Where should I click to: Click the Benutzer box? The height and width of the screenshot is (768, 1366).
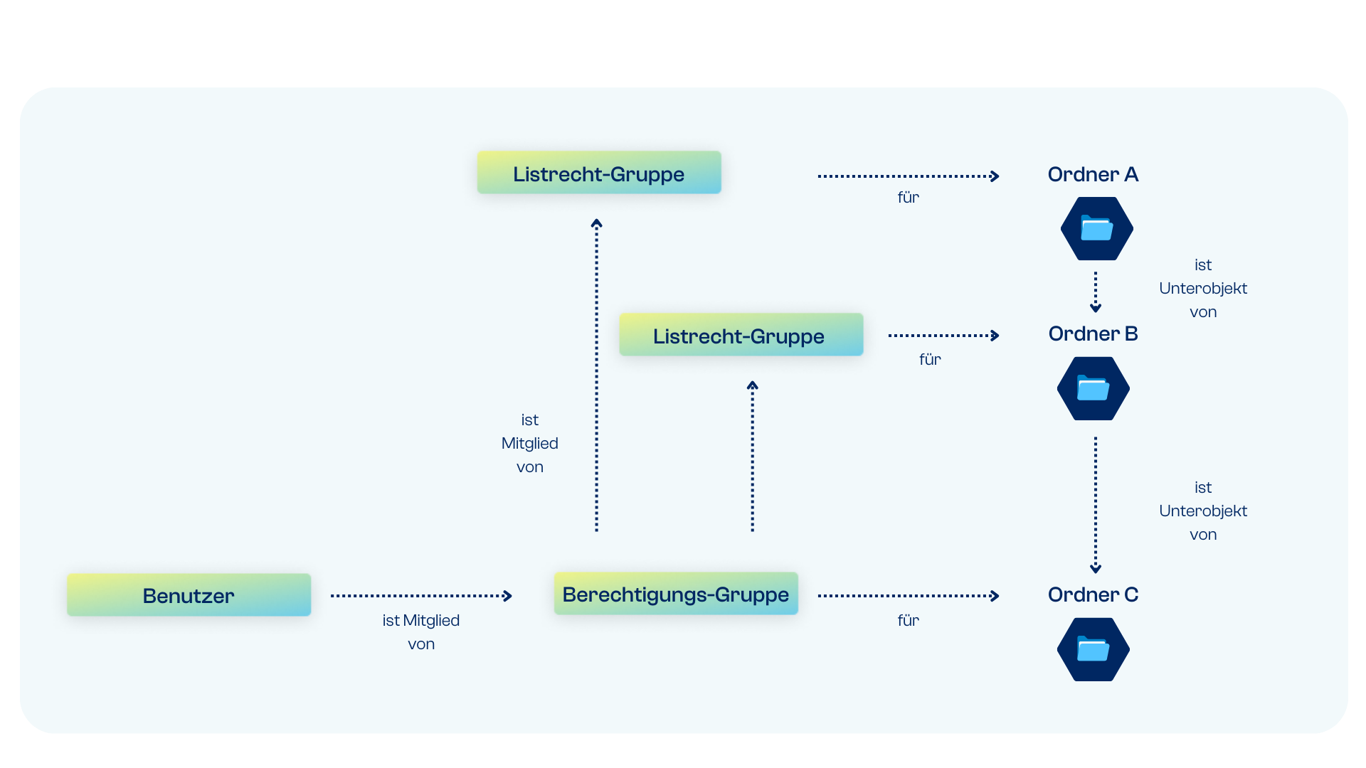[x=189, y=594]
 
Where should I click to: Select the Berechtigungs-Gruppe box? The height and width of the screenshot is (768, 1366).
[x=676, y=593]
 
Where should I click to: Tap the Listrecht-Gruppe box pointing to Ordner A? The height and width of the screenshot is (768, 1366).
[x=599, y=172]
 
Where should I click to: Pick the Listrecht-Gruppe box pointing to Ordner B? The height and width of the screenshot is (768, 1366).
[x=741, y=334]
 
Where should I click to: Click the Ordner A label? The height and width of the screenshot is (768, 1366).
[x=1093, y=174]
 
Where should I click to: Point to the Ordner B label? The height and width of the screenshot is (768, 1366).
[x=1093, y=334]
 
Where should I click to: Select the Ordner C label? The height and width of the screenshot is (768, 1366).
[x=1093, y=594]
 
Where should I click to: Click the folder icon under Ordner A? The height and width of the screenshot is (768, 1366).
[x=1096, y=228]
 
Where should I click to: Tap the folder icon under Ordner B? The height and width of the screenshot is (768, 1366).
[x=1093, y=388]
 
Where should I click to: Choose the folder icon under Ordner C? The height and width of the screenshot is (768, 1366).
[x=1093, y=649]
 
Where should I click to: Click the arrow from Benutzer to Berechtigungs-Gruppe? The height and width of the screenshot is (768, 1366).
[x=421, y=596]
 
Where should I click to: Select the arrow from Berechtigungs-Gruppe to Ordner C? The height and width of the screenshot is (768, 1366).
[x=909, y=596]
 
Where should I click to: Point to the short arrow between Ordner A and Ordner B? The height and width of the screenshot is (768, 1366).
[x=1096, y=292]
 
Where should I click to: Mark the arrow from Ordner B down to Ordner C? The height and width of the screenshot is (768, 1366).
[x=1096, y=505]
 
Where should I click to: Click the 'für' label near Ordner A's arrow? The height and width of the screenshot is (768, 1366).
[x=909, y=197]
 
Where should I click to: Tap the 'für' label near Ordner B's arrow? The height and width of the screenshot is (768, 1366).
[x=930, y=359]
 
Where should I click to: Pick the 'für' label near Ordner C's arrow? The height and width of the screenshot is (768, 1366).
[x=909, y=620]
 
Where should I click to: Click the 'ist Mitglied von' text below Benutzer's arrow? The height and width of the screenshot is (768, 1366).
[x=421, y=631]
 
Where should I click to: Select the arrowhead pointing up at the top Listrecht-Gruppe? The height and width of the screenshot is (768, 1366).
[x=597, y=223]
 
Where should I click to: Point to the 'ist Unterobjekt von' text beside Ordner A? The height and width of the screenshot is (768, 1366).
[x=1203, y=288]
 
